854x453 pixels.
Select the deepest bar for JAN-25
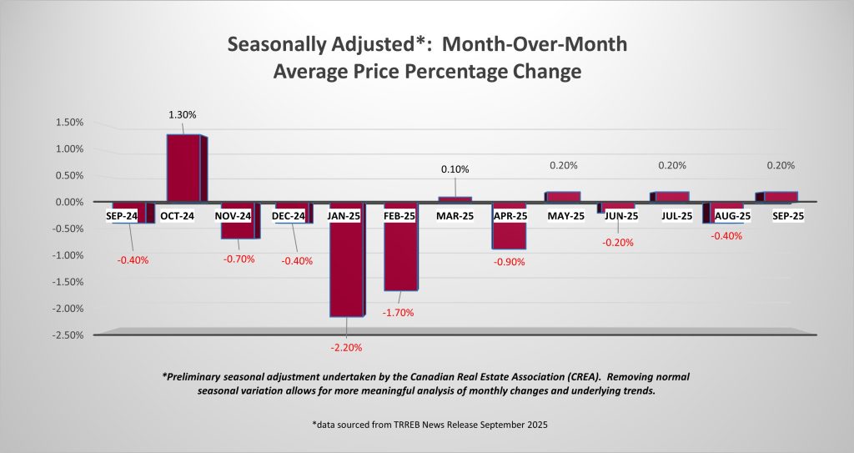tap(347, 267)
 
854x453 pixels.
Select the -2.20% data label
tap(346, 347)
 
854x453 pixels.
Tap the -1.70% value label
tap(398, 313)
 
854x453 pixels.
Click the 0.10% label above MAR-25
tap(455, 169)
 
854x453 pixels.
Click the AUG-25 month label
tap(727, 216)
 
